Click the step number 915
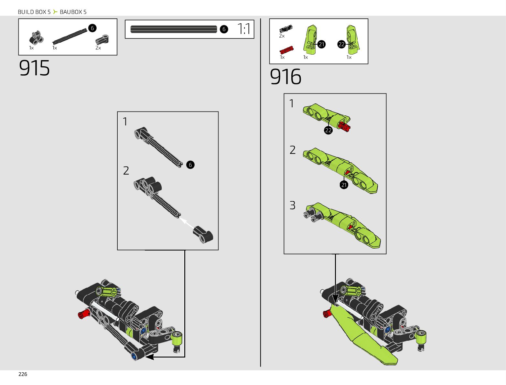[34, 68]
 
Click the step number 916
[285, 77]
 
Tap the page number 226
[23, 374]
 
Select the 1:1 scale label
[244, 29]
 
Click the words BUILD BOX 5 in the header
[34, 12]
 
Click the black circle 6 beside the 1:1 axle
[224, 29]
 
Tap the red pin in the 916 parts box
[286, 50]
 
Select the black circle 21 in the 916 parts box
[321, 44]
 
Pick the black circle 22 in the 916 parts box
[341, 44]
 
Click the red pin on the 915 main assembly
[84, 314]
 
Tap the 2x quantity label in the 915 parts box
[98, 48]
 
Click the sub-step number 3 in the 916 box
[292, 205]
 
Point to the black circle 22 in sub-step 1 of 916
[328, 130]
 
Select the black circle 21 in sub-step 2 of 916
[344, 185]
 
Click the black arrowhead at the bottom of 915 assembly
[150, 357]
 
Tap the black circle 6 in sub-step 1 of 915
[190, 165]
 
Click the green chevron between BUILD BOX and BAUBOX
[55, 12]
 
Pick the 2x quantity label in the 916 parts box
[282, 36]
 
